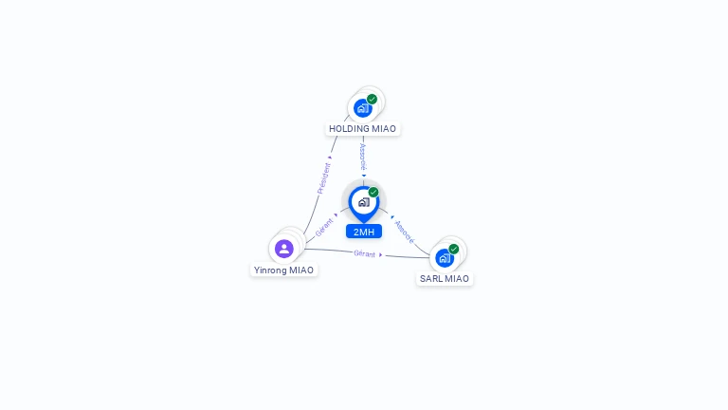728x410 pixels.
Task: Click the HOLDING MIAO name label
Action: pos(363,128)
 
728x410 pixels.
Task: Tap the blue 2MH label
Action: pos(363,232)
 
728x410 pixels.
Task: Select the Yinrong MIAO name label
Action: pos(283,270)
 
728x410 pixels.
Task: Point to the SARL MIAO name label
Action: pos(445,279)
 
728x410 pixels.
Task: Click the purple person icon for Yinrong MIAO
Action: pos(283,249)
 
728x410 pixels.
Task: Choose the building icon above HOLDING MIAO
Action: pos(362,108)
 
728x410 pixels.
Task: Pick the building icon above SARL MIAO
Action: pos(444,257)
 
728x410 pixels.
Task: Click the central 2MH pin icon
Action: pos(363,202)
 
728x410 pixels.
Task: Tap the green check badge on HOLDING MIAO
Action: pos(372,99)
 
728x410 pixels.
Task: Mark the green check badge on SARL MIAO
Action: pos(454,249)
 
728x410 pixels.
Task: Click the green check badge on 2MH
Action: pos(373,192)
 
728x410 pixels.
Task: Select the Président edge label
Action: pos(323,178)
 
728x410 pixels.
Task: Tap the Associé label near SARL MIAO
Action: pos(405,232)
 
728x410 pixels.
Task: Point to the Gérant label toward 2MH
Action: pos(324,227)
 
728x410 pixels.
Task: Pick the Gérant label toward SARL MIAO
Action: pos(364,253)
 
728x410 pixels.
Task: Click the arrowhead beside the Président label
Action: pos(330,158)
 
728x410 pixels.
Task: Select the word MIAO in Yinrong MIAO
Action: pos(301,270)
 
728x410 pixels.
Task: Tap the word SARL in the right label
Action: pos(431,279)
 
